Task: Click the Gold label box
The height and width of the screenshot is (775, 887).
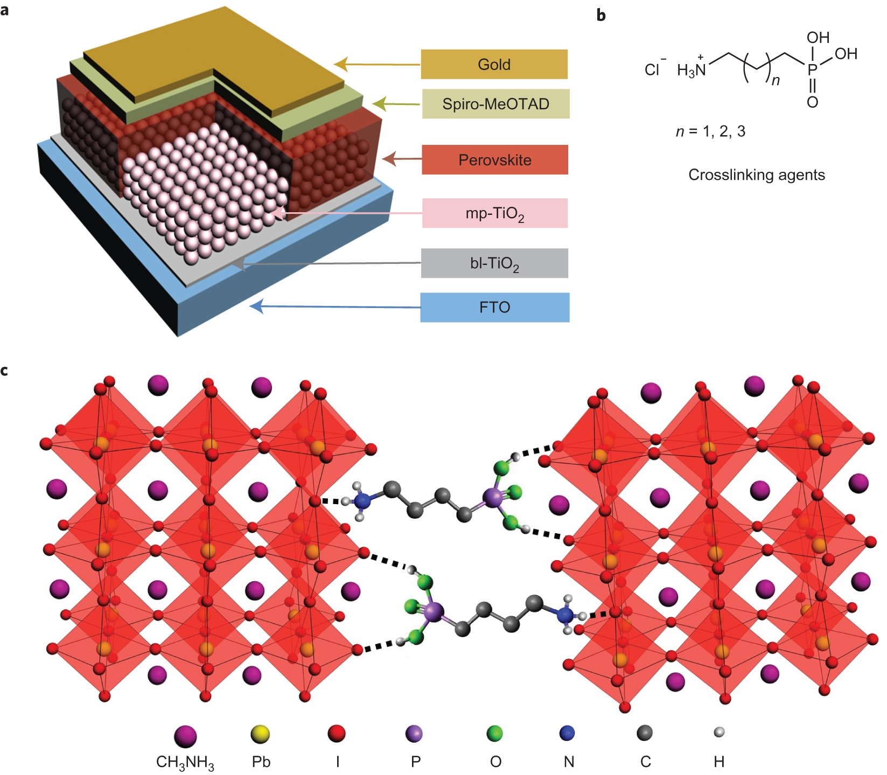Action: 494,64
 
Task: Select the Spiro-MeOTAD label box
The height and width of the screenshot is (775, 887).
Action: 495,103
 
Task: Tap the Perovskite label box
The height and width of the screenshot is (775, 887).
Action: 494,159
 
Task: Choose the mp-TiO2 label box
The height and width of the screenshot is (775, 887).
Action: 494,213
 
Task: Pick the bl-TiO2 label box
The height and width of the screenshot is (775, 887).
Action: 494,263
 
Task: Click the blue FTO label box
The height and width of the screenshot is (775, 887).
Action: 494,307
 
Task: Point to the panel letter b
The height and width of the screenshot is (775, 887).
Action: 601,15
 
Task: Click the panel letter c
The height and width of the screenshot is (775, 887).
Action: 5,371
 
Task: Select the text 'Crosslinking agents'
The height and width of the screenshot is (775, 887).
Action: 756,174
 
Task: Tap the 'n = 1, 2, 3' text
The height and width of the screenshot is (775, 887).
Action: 710,131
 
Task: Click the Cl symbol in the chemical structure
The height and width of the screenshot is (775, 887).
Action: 653,70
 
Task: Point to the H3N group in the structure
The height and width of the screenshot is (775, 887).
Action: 692,70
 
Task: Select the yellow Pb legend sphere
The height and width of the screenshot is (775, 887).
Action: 261,734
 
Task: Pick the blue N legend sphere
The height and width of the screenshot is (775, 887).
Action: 567,732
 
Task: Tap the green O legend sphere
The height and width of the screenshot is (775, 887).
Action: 494,733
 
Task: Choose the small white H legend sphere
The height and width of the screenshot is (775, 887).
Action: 719,732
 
